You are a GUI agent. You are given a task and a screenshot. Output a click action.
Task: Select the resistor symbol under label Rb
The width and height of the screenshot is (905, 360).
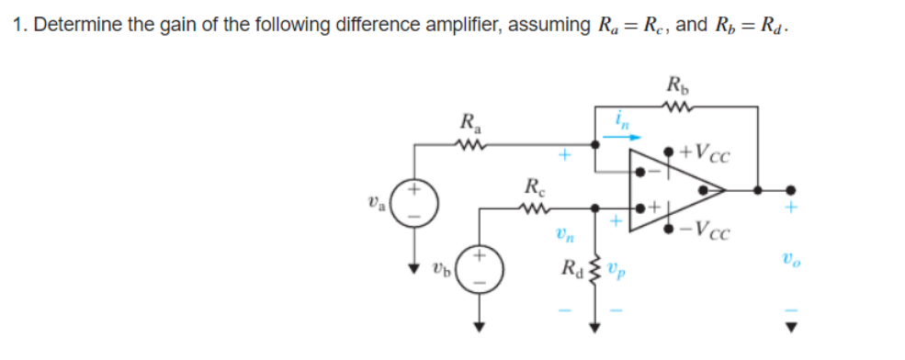[677, 107]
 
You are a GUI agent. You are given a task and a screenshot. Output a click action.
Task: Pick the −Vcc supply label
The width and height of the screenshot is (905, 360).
[707, 230]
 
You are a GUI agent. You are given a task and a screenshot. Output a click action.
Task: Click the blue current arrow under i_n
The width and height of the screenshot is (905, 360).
[611, 136]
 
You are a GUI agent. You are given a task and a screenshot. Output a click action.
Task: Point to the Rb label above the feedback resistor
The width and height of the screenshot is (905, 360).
[677, 87]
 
